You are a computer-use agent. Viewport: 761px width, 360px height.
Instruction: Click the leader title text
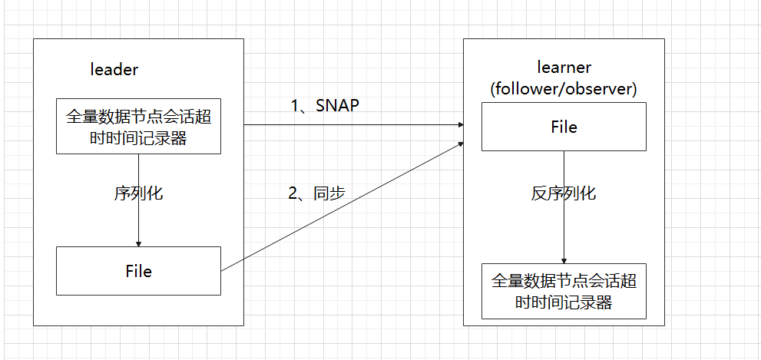tap(114, 70)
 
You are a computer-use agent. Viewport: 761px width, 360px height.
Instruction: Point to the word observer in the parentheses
tap(599, 88)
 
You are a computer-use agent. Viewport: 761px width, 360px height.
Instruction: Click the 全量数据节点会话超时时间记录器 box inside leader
tap(138, 126)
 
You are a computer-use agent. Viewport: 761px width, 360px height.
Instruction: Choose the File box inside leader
tap(138, 271)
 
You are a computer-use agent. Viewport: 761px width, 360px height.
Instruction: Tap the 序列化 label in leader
tap(138, 193)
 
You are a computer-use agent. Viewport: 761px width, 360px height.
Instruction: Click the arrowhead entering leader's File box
tap(138, 242)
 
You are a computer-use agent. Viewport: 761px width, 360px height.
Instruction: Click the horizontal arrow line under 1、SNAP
tap(346, 124)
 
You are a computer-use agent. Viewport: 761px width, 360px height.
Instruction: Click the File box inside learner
tap(564, 127)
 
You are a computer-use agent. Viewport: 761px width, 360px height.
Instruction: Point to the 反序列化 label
tap(564, 193)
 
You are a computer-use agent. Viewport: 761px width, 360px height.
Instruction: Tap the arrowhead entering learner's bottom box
tap(564, 259)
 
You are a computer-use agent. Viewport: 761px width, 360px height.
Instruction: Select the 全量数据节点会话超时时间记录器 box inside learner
tap(564, 291)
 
